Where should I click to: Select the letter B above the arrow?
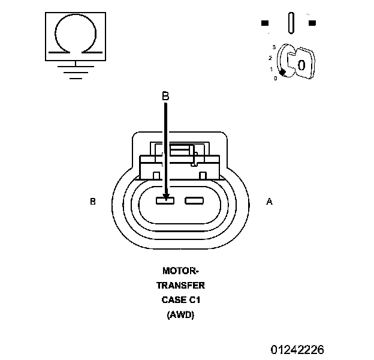click(165, 95)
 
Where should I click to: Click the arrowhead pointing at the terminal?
click(165, 195)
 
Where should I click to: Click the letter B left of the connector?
click(93, 202)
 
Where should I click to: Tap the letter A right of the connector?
click(269, 202)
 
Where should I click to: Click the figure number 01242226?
click(297, 349)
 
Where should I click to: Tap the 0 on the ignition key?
click(301, 65)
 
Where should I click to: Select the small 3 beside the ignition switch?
click(274, 46)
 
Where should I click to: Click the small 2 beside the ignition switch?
click(271, 58)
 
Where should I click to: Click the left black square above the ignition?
click(265, 23)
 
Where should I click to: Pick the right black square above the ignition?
click(312, 23)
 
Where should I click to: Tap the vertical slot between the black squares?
click(291, 23)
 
